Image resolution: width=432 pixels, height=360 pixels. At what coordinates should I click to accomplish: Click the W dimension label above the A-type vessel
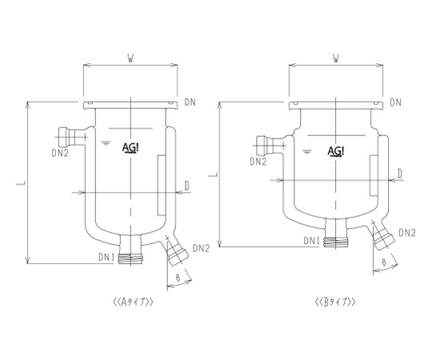130,58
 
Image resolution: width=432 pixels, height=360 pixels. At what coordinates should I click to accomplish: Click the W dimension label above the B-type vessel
335,58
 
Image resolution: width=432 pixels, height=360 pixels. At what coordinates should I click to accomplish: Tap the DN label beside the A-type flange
190,102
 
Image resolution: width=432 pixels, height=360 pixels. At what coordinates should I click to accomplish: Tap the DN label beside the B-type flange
395,102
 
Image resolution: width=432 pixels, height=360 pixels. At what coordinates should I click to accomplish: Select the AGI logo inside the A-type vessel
130,148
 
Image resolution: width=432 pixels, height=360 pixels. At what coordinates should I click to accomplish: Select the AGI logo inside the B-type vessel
336,151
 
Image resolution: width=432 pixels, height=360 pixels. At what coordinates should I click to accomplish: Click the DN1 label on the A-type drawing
106,258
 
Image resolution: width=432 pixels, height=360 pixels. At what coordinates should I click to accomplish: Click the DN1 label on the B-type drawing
312,241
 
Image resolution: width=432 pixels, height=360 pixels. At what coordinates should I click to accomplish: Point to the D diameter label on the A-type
186,186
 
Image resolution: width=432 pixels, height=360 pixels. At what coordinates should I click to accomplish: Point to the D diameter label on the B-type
400,174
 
